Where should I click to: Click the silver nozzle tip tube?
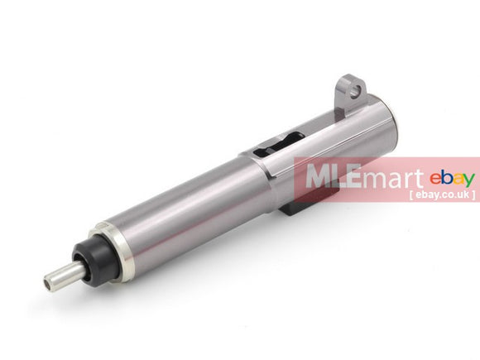pos(65,274)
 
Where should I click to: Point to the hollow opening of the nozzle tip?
pos(49,285)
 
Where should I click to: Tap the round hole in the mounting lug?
pos(355,91)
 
